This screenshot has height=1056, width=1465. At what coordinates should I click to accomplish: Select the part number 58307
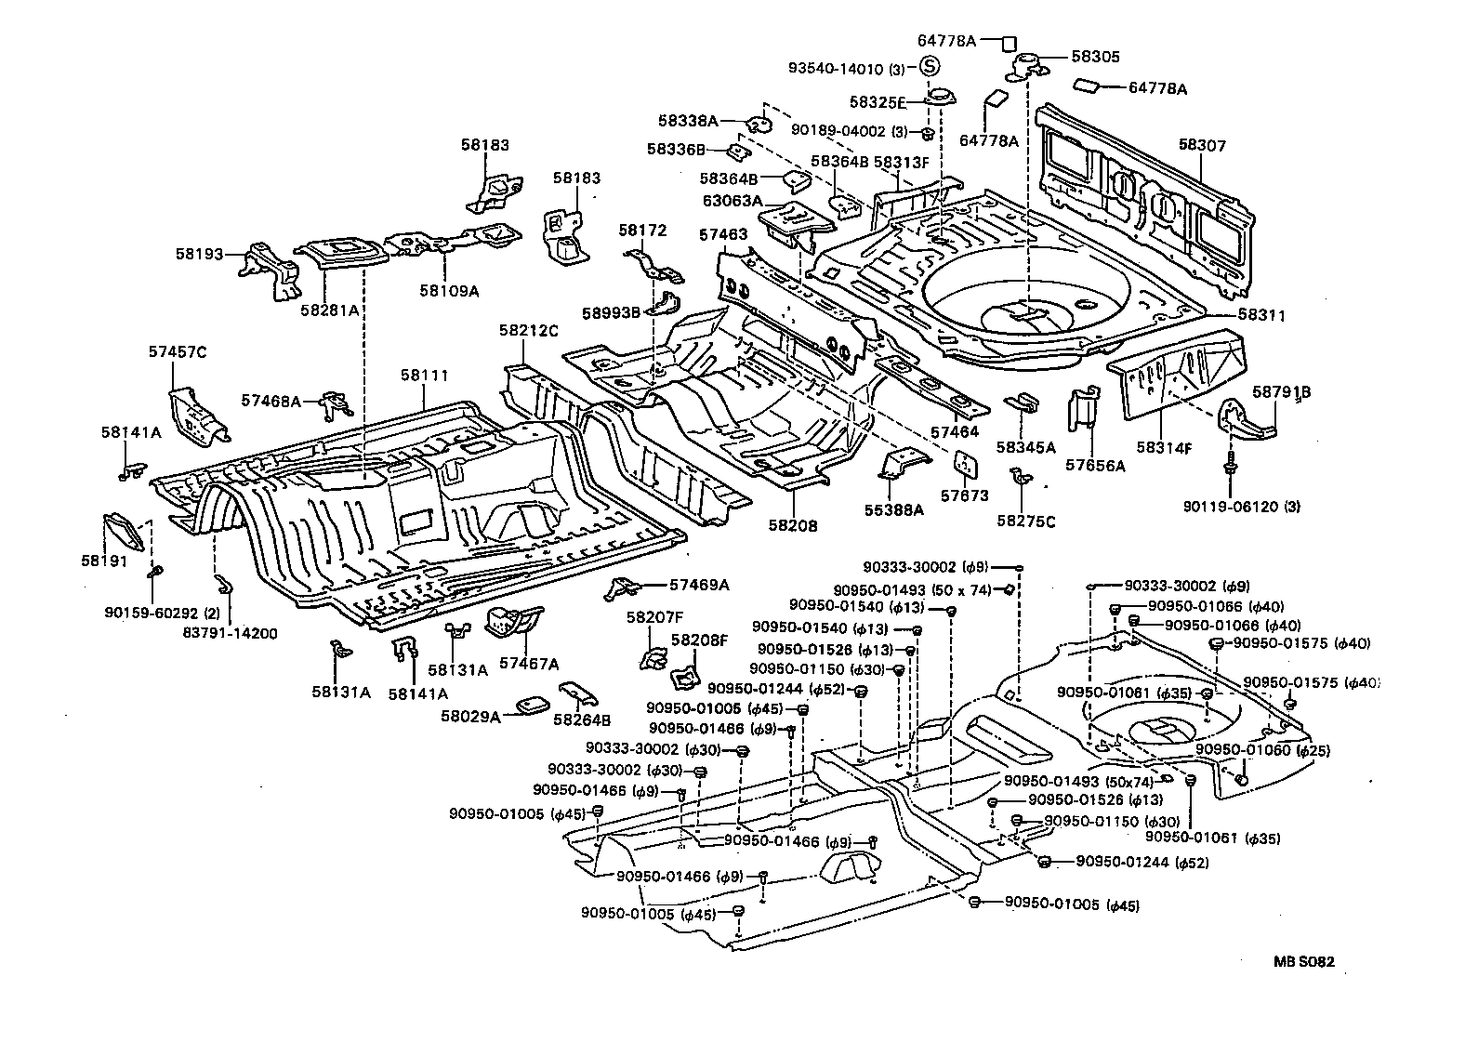click(x=1202, y=146)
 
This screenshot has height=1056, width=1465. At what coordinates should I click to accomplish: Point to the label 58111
click(x=425, y=376)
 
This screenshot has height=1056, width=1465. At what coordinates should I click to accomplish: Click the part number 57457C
click(x=177, y=351)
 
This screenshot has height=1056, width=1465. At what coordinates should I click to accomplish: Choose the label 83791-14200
click(x=231, y=633)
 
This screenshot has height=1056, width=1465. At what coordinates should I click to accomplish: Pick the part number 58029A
click(x=471, y=716)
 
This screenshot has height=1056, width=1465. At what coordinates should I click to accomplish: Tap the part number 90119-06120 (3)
click(x=1242, y=507)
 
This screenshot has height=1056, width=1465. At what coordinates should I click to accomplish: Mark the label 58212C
click(x=528, y=330)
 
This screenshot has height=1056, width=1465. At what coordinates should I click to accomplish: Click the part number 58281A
click(x=329, y=310)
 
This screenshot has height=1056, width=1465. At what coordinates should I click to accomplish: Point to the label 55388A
click(x=893, y=509)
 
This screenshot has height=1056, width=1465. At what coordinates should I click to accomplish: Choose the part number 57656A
click(x=1094, y=466)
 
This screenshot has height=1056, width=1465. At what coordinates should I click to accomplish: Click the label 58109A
click(x=449, y=290)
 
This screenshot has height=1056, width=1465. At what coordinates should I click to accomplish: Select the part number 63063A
click(x=732, y=200)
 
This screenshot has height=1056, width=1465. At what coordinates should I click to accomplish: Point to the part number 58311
click(x=1261, y=316)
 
